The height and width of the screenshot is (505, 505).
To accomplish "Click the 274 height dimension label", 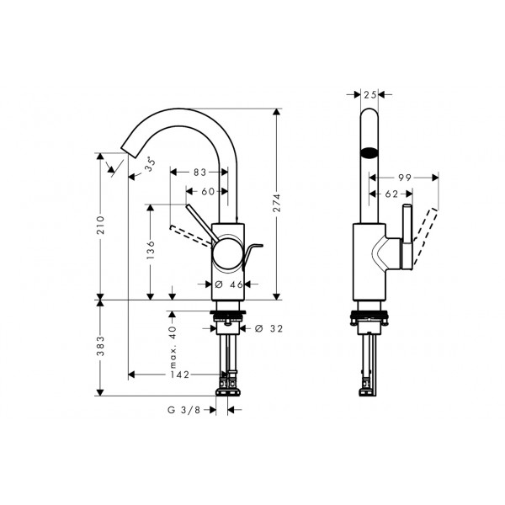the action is tap(277, 203).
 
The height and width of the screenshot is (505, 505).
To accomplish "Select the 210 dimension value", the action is tap(101, 225).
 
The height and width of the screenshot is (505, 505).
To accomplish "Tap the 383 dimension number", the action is tap(101, 346).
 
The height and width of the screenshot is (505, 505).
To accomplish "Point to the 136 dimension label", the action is tap(151, 250).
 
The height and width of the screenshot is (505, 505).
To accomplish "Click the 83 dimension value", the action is tap(199, 173).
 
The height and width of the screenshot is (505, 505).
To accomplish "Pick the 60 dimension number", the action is tap(208, 191).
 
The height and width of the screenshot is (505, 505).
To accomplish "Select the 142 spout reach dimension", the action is tap(180, 375).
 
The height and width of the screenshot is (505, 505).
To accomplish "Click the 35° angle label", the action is tap(150, 164).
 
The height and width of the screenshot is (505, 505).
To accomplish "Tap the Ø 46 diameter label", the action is tap(229, 284).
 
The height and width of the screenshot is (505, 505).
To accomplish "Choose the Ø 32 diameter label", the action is tap(268, 328).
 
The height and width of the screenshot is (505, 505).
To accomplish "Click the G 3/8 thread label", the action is tap(183, 410).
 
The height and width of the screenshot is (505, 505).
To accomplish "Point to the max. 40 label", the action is tap(173, 347).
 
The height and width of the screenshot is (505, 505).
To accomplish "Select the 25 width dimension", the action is tap(370, 94).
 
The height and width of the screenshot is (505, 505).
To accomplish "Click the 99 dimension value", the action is tap(405, 178).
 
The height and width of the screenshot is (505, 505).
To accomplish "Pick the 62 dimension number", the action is tap(391, 194).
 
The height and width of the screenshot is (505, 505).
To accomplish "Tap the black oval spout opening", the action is tap(369, 152).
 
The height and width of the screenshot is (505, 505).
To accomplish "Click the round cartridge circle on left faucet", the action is tap(228, 253).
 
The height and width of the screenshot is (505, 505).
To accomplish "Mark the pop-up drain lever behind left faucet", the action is tap(252, 254).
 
